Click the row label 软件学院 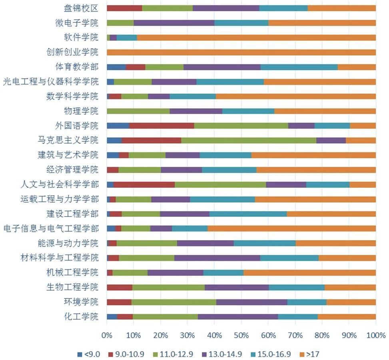[81, 38]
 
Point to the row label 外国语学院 [76, 125]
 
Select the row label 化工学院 [81, 316]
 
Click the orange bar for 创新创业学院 [241, 52]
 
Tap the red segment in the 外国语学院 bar [162, 125]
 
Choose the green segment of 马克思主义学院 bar [248, 140]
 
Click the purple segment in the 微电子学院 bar [174, 23]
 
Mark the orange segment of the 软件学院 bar [256, 38]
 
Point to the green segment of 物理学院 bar [138, 111]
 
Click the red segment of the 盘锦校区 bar [124, 8]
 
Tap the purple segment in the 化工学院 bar [237, 316]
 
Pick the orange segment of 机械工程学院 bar [309, 272]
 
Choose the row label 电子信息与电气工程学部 [51, 229]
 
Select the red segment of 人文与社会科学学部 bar [144, 184]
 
